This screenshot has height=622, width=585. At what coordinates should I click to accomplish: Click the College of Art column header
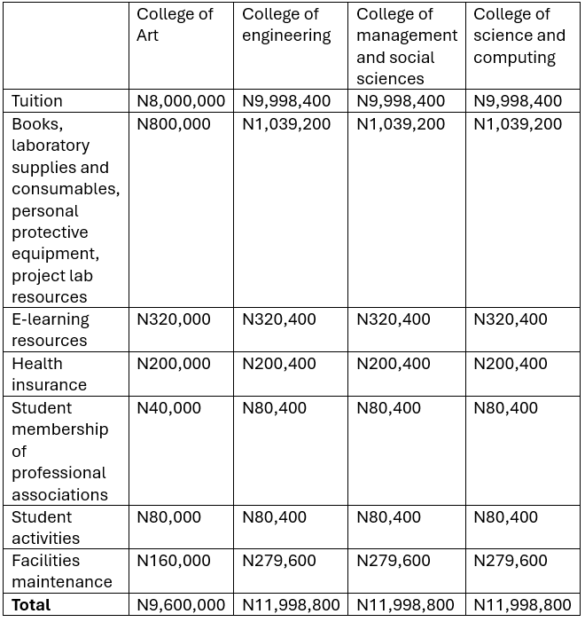(175, 25)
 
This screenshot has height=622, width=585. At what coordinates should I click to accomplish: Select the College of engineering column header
(286, 25)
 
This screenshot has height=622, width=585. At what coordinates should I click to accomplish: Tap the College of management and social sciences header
(407, 46)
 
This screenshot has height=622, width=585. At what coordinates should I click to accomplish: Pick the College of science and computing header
(519, 35)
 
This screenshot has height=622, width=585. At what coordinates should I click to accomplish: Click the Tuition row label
(37, 101)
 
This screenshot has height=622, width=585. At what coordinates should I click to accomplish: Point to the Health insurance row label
(49, 374)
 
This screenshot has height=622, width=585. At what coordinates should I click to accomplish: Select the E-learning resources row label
(51, 329)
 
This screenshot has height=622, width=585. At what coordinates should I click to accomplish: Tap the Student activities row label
(45, 527)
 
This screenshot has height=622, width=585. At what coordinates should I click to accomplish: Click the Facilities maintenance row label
(61, 571)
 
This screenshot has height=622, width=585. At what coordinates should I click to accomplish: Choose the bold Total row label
(31, 604)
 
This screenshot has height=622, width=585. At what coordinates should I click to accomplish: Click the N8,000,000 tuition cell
(181, 101)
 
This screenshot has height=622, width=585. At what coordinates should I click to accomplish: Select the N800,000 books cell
(174, 124)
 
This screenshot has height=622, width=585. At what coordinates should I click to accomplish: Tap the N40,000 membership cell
(168, 407)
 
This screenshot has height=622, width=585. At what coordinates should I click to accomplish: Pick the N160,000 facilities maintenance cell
(174, 560)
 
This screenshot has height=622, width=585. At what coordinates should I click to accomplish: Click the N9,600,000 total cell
(181, 604)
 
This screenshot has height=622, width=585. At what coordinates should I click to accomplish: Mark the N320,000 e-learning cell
(174, 319)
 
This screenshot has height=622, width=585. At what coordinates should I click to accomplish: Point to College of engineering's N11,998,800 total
(291, 604)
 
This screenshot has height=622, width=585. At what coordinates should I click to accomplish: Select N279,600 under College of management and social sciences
(394, 560)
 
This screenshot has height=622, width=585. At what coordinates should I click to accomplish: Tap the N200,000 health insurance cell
(174, 363)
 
